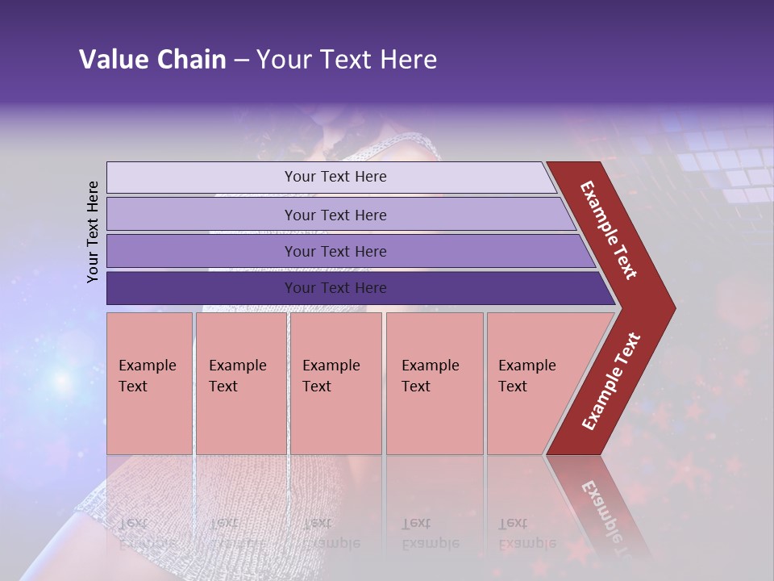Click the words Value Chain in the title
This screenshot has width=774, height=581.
152,60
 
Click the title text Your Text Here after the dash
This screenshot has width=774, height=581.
347,60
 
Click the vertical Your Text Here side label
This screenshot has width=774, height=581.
94,232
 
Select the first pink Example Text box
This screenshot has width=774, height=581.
149,383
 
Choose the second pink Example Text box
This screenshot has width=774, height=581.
240,383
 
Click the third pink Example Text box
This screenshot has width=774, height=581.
335,383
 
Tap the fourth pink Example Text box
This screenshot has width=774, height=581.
434,383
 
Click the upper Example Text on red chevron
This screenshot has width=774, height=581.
610,230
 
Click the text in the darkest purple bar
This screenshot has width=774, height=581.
335,288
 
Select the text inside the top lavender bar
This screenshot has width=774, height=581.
335,177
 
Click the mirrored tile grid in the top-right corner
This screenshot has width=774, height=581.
726,161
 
